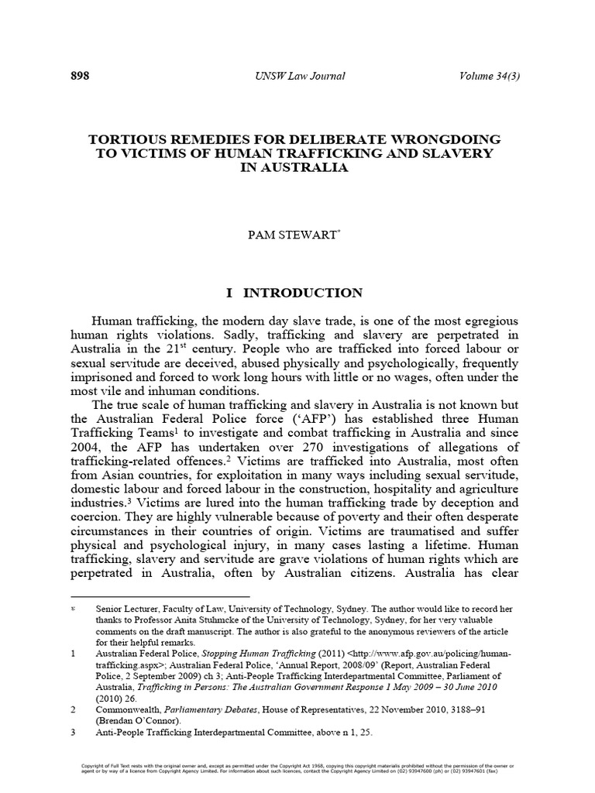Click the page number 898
[x=80, y=76]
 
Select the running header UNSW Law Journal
[x=298, y=76]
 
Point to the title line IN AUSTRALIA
[x=297, y=168]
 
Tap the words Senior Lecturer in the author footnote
[x=128, y=609]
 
